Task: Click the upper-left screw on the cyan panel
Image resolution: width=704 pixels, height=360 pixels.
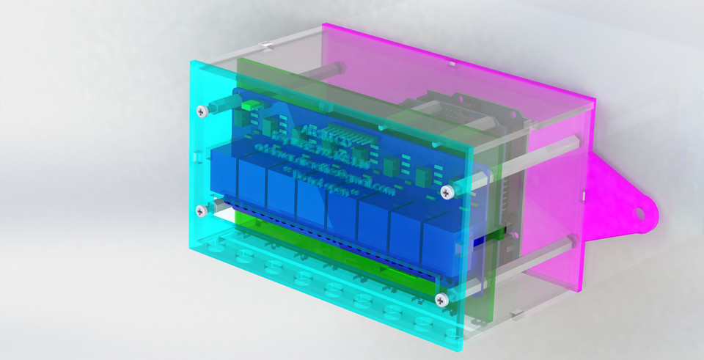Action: point(202,111)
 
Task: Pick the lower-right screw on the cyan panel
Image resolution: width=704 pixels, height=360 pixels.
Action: point(441,299)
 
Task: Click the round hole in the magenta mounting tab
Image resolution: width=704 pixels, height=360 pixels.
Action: point(638,213)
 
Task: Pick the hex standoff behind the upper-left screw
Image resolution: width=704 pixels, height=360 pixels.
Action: point(218,107)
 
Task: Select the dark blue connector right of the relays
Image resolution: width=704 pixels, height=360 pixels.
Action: point(482,241)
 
